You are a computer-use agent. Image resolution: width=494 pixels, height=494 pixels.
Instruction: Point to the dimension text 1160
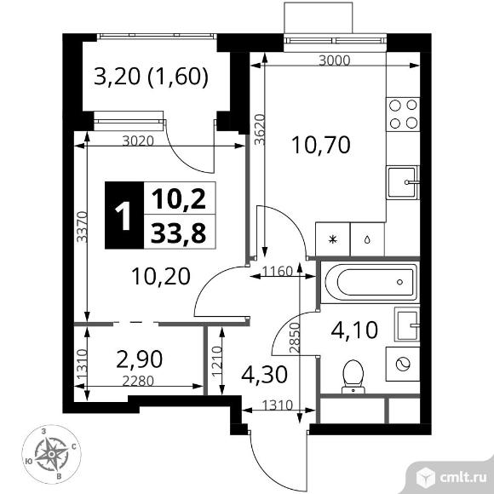coord(276,273)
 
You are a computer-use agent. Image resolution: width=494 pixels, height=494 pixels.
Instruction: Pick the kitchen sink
coord(404,181)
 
